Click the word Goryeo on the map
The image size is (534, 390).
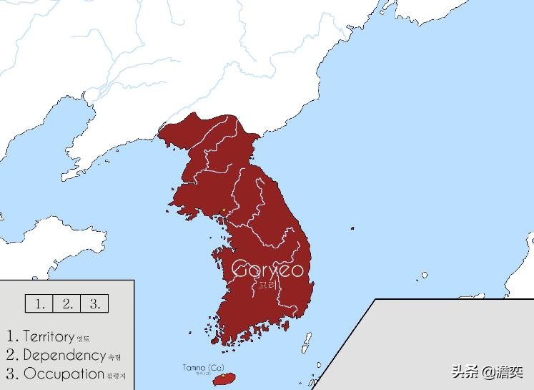[268, 270]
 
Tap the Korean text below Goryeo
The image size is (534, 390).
[267, 285]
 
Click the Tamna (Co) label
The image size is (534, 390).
[197, 367]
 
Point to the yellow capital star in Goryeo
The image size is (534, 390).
[224, 210]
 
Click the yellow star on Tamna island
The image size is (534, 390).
[223, 375]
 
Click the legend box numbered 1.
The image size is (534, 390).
[39, 303]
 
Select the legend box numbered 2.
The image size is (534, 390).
[67, 303]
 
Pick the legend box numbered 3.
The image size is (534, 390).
[94, 303]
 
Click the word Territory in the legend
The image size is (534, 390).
[49, 336]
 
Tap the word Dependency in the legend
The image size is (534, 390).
[64, 355]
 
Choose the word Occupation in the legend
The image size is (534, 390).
[64, 374]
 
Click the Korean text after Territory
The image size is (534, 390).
[84, 338]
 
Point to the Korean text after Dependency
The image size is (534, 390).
[114, 356]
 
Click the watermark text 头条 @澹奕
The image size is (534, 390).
[486, 372]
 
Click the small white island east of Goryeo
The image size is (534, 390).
[424, 275]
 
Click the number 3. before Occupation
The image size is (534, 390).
[11, 374]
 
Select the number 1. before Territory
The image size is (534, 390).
[11, 336]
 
